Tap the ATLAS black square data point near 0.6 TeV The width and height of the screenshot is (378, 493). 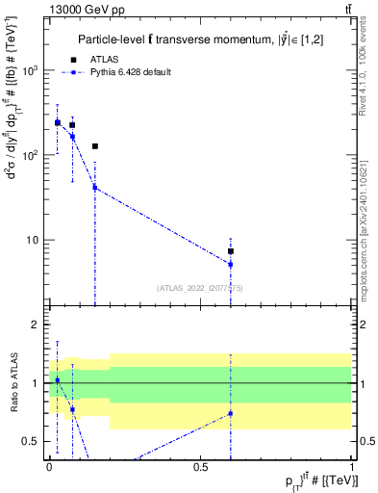[231, 250]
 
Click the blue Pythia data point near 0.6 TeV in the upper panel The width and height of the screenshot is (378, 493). [231, 264]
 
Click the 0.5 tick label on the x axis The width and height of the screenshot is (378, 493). [201, 466]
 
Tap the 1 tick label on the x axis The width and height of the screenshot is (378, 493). [353, 466]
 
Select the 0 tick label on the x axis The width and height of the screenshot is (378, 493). [49, 466]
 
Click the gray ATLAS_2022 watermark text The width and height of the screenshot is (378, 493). [201, 288]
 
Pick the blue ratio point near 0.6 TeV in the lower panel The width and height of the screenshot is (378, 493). [231, 413]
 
